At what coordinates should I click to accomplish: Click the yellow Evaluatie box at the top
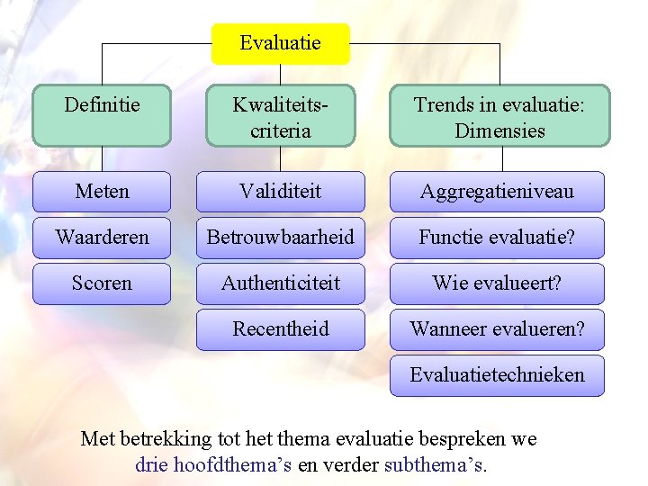(x=280, y=43)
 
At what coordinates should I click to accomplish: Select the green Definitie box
(x=102, y=116)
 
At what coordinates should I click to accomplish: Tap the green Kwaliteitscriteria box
(x=280, y=116)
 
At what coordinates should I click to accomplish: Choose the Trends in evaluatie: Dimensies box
(x=499, y=116)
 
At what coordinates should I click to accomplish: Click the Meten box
(x=102, y=192)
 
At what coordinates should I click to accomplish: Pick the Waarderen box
(x=102, y=238)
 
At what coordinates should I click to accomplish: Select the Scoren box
(x=102, y=283)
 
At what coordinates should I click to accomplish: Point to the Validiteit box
(x=280, y=192)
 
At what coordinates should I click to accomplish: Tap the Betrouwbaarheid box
(x=280, y=238)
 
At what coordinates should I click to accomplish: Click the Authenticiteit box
(x=280, y=283)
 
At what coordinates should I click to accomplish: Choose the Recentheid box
(x=280, y=329)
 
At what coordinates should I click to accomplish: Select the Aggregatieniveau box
(x=497, y=192)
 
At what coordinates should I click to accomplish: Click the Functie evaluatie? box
(x=497, y=238)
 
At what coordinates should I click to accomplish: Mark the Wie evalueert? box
(x=497, y=283)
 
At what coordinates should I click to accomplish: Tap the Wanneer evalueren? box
(x=497, y=329)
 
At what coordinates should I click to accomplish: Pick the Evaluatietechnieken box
(x=497, y=375)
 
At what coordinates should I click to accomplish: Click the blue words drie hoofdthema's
(x=213, y=465)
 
